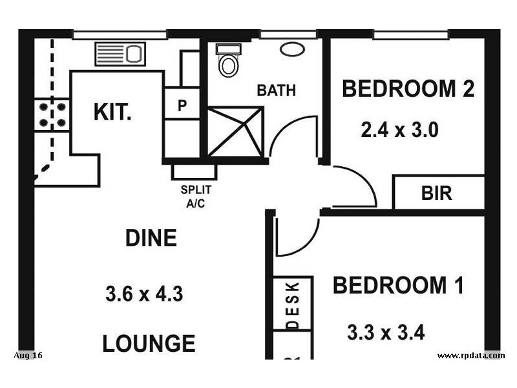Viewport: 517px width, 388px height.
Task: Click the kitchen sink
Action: [120, 54]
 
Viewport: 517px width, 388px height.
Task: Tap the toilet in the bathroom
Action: [228, 60]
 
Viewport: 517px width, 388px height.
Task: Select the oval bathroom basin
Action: [292, 49]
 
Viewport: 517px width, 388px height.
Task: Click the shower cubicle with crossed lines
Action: [235, 131]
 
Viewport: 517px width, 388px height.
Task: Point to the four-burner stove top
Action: [52, 115]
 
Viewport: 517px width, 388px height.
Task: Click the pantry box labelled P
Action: [182, 103]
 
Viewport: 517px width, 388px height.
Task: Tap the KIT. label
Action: [112, 112]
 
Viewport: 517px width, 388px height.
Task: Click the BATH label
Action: [277, 91]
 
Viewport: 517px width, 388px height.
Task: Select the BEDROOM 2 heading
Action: [408, 89]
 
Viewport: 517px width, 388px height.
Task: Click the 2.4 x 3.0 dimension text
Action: [399, 130]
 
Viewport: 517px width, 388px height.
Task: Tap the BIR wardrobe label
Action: [437, 193]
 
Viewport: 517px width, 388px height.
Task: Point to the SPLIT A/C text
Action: [196, 197]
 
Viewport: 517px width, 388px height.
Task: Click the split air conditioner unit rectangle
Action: [195, 172]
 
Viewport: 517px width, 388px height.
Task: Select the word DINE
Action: [151, 237]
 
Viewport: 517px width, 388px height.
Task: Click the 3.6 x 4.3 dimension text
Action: [144, 294]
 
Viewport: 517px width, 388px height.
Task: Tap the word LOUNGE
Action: [149, 343]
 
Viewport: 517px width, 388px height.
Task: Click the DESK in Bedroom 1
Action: [293, 303]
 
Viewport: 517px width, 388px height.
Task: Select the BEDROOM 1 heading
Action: [398, 285]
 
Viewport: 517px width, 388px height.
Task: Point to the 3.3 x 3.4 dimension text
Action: [386, 332]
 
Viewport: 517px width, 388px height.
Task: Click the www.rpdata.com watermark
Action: [471, 356]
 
